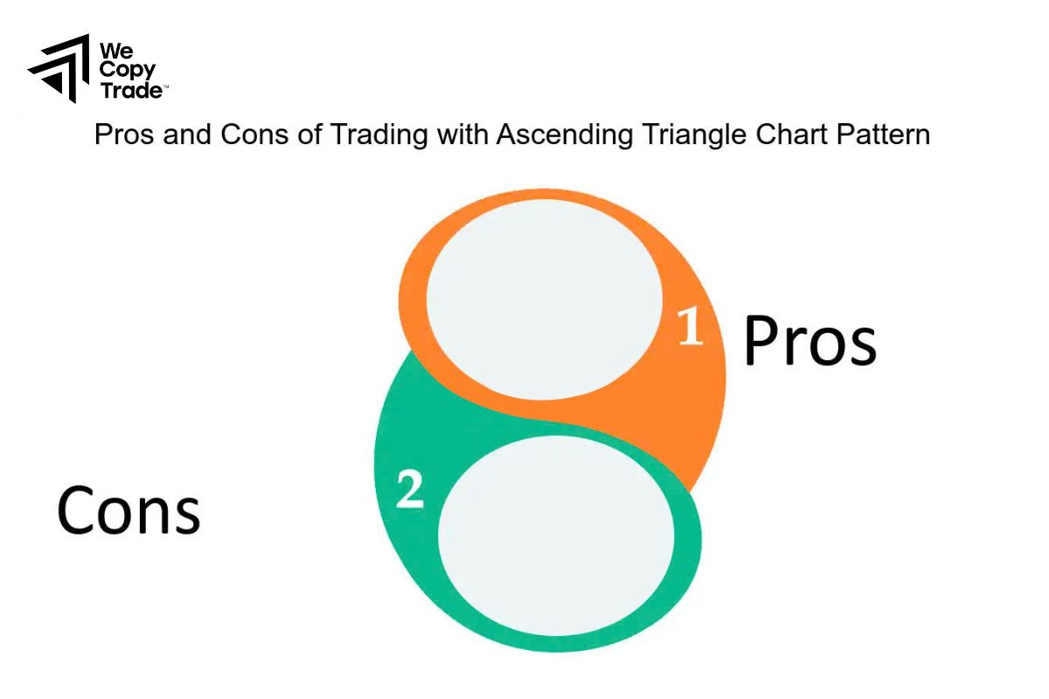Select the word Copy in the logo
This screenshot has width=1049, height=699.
[127, 70]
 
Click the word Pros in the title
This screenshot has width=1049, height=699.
[121, 135]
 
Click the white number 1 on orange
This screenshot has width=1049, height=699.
[691, 327]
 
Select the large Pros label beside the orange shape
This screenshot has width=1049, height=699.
[809, 341]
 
